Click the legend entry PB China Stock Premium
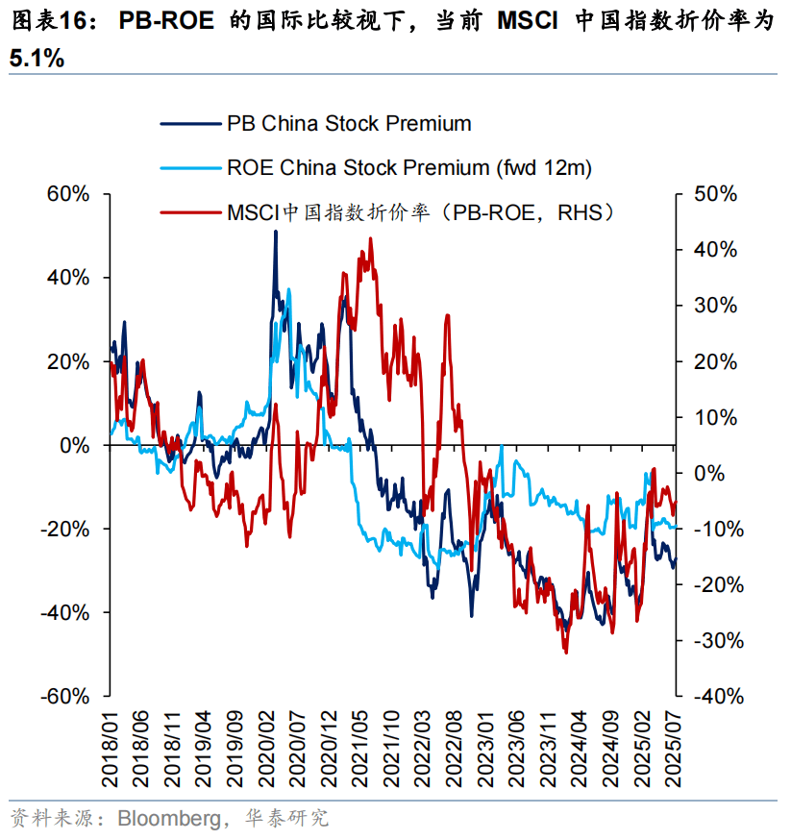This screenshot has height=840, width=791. (349, 123)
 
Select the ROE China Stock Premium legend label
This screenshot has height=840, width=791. (408, 167)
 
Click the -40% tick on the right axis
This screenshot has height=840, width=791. (711, 696)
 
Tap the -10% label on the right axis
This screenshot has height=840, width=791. (711, 529)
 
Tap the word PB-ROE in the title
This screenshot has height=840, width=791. (166, 22)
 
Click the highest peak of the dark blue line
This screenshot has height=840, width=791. (275, 232)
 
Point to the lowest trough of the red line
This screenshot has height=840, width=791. (565, 654)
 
